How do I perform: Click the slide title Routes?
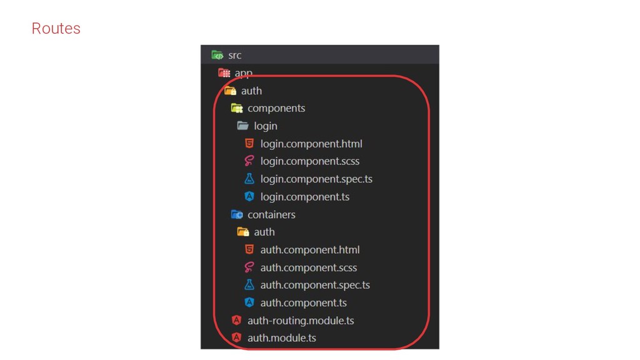click(56, 29)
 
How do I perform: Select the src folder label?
click(234, 55)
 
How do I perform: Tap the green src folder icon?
click(217, 55)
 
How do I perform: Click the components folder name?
click(276, 108)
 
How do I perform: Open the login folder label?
click(265, 126)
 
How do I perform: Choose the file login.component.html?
click(311, 144)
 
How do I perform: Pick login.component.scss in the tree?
click(310, 161)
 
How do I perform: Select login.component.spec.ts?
click(316, 179)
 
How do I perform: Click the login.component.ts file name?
click(305, 197)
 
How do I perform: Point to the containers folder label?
click(271, 214)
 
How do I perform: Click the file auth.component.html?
click(310, 250)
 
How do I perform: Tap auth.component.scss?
click(309, 267)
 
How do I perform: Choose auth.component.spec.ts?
click(315, 285)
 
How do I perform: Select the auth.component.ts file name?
click(304, 303)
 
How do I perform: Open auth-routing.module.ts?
click(301, 321)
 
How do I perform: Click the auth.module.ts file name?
click(282, 338)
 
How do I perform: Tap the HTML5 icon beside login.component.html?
click(249, 144)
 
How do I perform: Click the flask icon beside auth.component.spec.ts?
click(249, 285)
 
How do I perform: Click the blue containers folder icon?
click(237, 214)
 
